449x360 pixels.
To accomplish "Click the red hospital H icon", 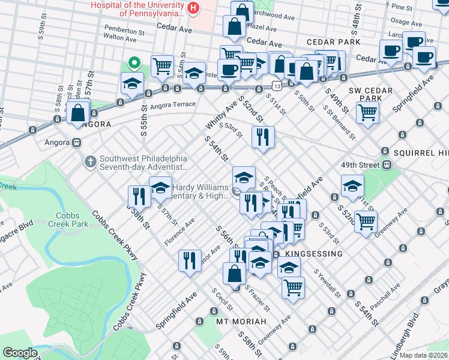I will (x=193, y=8).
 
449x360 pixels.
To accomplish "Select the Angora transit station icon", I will (x=76, y=143).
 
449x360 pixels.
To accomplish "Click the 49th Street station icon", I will (x=387, y=164).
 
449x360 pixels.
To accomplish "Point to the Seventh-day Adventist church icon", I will (x=90, y=161).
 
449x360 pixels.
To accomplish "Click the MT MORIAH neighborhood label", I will (x=241, y=322).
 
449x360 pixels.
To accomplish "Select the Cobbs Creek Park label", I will (x=72, y=220).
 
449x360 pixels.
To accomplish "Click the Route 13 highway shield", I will (x=274, y=78).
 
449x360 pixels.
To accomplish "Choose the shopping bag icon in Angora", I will (x=79, y=112).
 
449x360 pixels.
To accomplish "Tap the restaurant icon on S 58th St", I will (x=139, y=196).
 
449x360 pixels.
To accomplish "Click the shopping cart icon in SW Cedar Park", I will (x=367, y=111).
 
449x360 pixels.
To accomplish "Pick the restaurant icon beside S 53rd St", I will (x=263, y=136).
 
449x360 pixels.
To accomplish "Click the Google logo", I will (x=20, y=353).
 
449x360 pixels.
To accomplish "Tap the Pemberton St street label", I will (x=125, y=28).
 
